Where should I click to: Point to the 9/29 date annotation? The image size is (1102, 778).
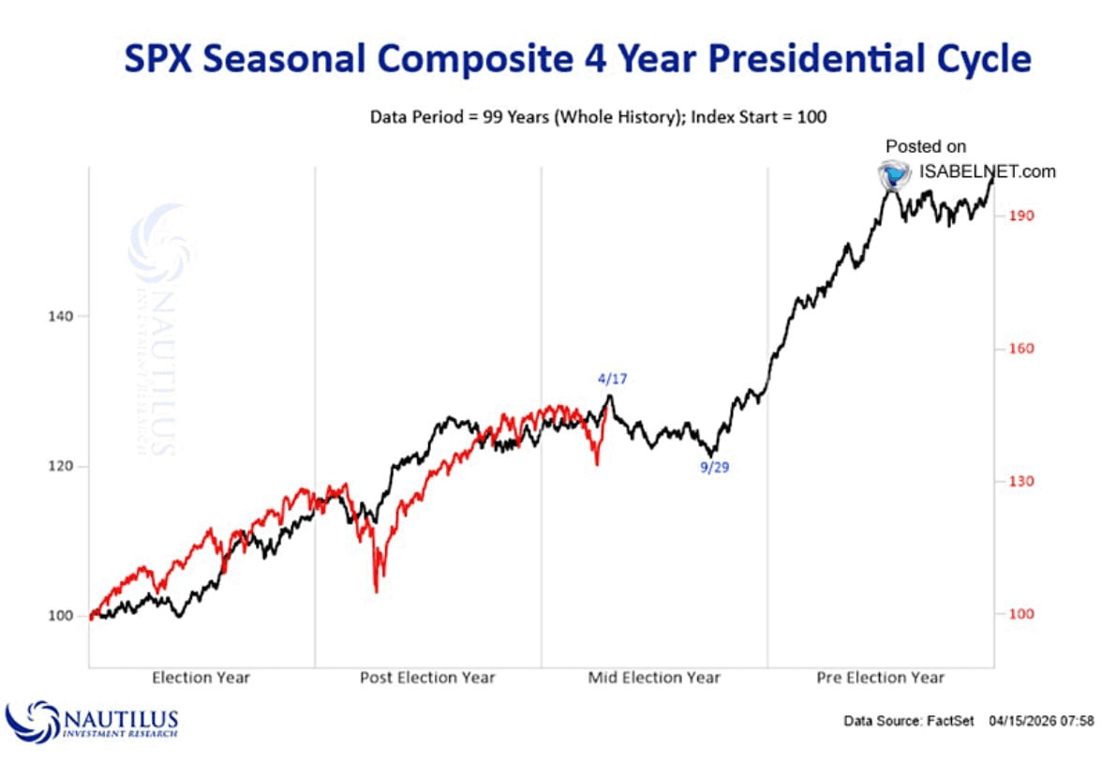714,467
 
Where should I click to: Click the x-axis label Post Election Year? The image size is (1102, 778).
427,677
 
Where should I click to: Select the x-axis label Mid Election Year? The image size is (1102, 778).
654,677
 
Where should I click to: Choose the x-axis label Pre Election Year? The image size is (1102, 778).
881,677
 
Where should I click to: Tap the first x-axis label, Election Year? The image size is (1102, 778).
201,677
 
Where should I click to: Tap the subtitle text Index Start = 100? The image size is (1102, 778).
755,117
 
